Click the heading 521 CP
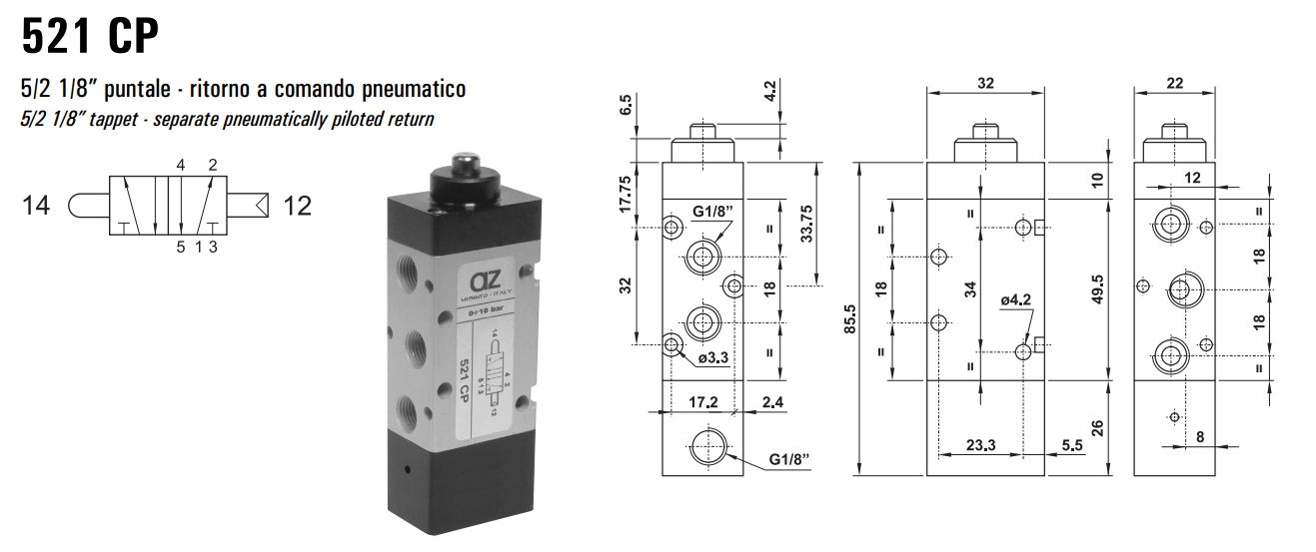pos(89,37)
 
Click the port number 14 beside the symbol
pos(36,207)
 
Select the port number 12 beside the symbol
pos(297,207)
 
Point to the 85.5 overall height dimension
pos(850,319)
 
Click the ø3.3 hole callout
pos(715,358)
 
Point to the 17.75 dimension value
pos(626,194)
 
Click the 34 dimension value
pos(969,289)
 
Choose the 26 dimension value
pos(1096,429)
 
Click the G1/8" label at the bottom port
pos(788,460)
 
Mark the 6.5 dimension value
pos(626,106)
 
